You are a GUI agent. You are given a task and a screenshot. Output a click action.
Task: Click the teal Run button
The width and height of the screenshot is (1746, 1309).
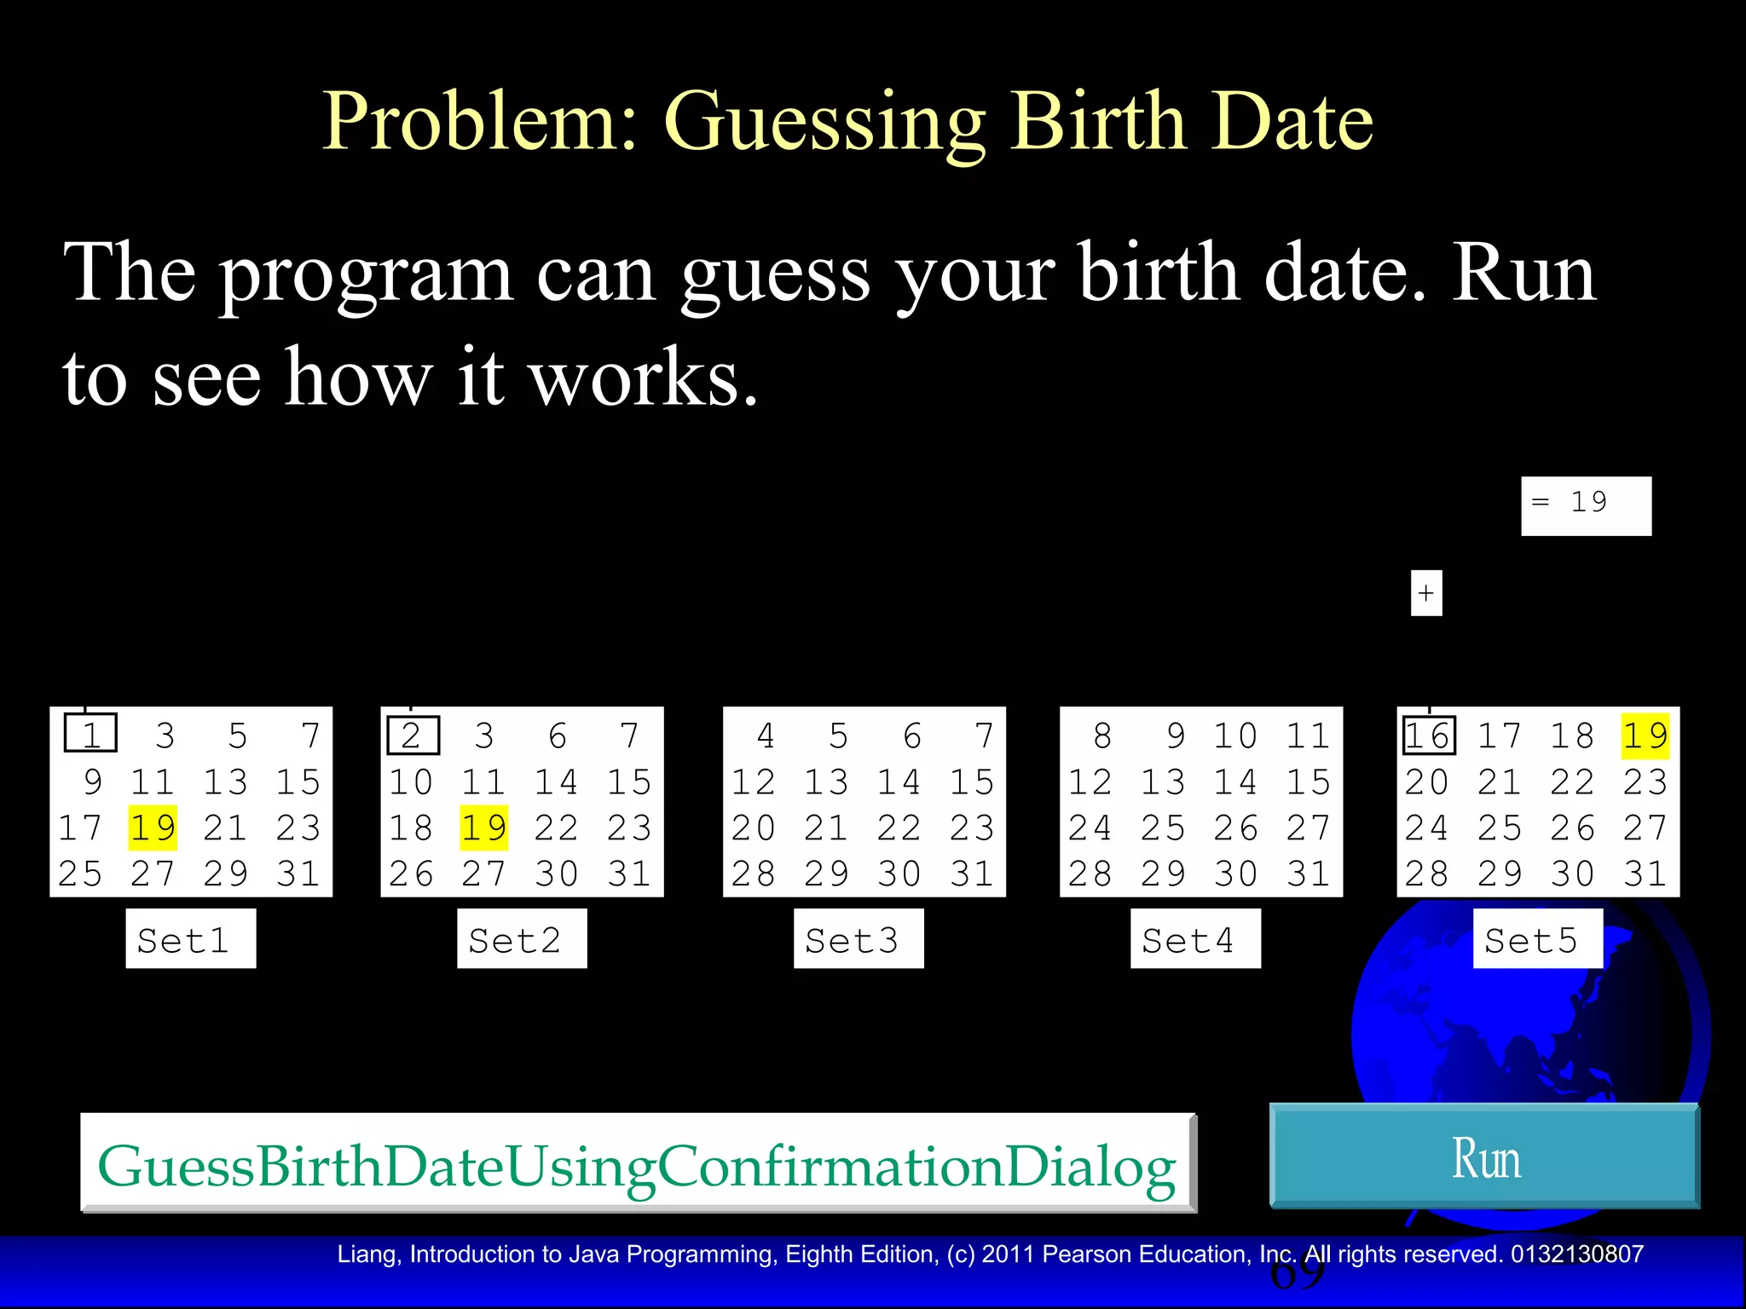tap(1484, 1156)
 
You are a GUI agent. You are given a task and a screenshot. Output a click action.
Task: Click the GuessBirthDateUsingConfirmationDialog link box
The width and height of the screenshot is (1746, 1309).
tap(638, 1163)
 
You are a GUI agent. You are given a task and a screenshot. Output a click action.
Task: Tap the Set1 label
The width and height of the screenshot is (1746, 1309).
tap(190, 939)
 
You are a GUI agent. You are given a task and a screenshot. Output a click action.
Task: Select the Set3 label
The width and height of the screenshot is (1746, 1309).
tap(858, 939)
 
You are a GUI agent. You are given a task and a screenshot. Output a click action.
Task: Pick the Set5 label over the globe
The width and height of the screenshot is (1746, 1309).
tap(1537, 939)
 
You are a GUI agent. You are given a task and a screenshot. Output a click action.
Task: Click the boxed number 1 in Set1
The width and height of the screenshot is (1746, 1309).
tap(90, 735)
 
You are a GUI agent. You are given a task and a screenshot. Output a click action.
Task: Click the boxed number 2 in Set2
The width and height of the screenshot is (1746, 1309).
tap(413, 735)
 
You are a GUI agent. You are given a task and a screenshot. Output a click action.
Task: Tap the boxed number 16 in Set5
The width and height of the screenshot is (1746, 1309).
tap(1429, 735)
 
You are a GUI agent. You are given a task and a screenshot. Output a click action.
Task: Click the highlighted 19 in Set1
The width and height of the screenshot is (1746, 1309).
tap(153, 827)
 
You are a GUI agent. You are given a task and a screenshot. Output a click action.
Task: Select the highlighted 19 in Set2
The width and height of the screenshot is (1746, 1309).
tap(483, 827)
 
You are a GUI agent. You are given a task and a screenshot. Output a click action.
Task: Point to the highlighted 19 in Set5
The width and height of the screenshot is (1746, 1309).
tap(1645, 735)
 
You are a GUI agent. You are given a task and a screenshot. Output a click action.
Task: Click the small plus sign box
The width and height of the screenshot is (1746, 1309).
tap(1426, 593)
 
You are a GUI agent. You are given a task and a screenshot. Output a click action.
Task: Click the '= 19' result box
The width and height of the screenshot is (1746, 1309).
tap(1586, 505)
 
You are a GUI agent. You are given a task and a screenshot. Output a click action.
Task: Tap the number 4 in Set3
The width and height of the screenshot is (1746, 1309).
tap(766, 735)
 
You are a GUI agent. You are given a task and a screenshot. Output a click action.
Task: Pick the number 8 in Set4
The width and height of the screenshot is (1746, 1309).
tap(1102, 735)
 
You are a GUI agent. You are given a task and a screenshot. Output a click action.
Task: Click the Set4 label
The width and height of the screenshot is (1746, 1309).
tap(1194, 939)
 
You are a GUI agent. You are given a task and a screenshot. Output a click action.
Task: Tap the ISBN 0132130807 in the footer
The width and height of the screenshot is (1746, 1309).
tap(1576, 1254)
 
